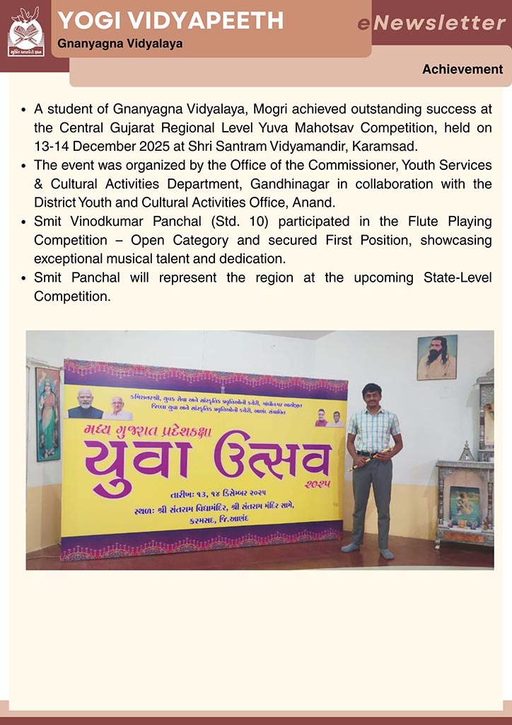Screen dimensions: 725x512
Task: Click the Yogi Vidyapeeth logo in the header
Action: pyautogui.click(x=25, y=32)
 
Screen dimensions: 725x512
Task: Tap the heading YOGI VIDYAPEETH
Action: pyautogui.click(x=170, y=21)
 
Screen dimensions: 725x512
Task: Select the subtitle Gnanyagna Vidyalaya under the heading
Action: pyautogui.click(x=120, y=44)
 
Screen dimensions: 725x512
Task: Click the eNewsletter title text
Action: pyautogui.click(x=431, y=23)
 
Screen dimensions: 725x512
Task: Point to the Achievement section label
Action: pyautogui.click(x=462, y=69)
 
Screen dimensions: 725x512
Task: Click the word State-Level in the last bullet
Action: pyautogui.click(x=455, y=278)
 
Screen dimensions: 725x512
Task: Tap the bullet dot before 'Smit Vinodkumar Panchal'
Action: pyautogui.click(x=25, y=222)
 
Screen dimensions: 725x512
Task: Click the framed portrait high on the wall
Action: pyautogui.click(x=436, y=358)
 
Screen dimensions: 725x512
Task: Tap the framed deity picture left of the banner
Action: pyautogui.click(x=48, y=413)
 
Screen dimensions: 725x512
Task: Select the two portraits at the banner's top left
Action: pyautogui.click(x=99, y=404)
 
